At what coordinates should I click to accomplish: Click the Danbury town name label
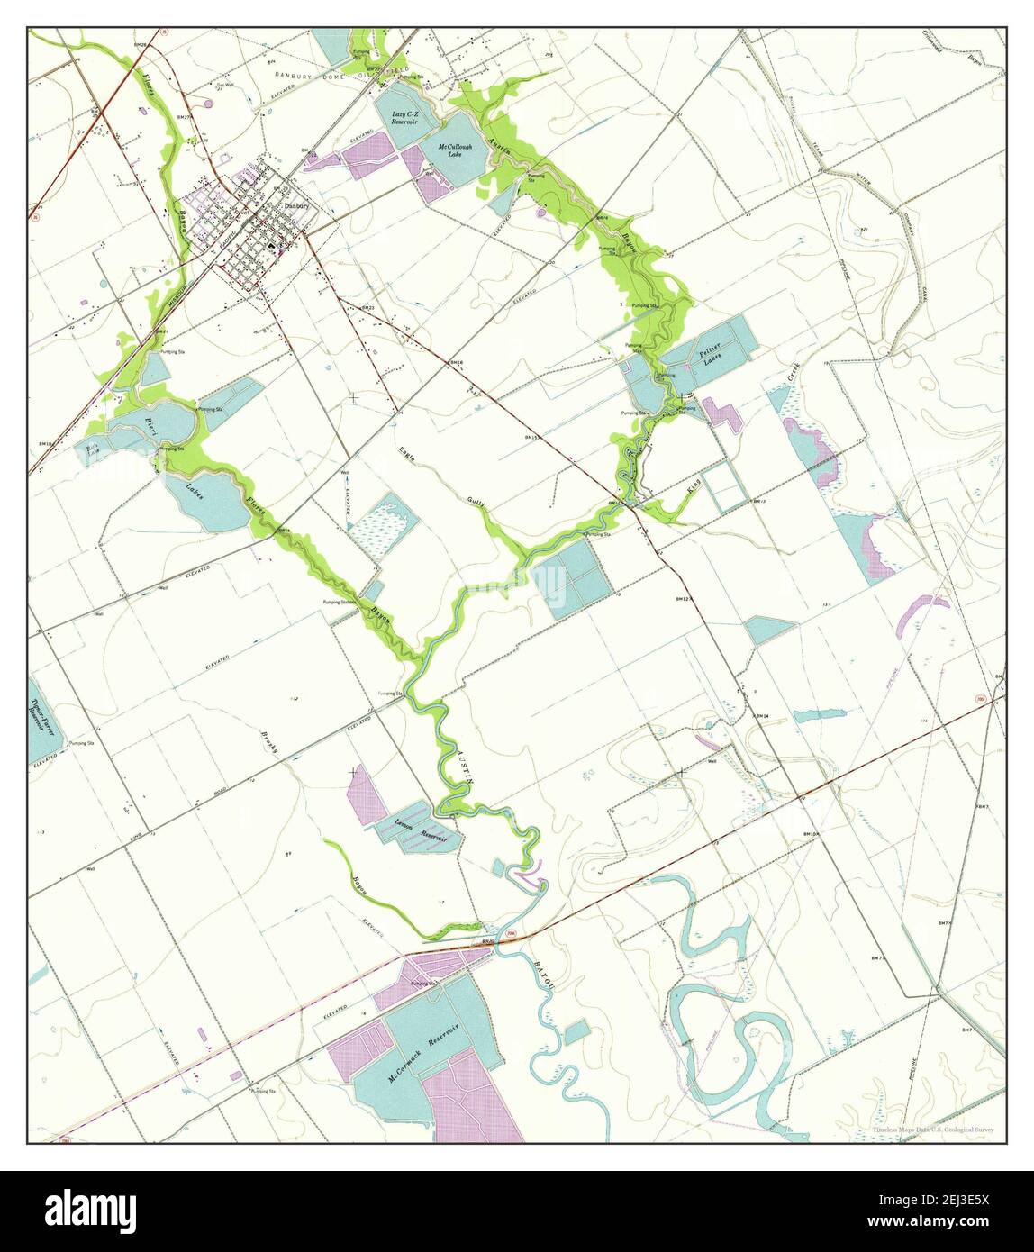pos(296,205)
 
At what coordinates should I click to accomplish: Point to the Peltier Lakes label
pos(712,358)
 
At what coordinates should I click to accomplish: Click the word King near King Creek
pos(693,488)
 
